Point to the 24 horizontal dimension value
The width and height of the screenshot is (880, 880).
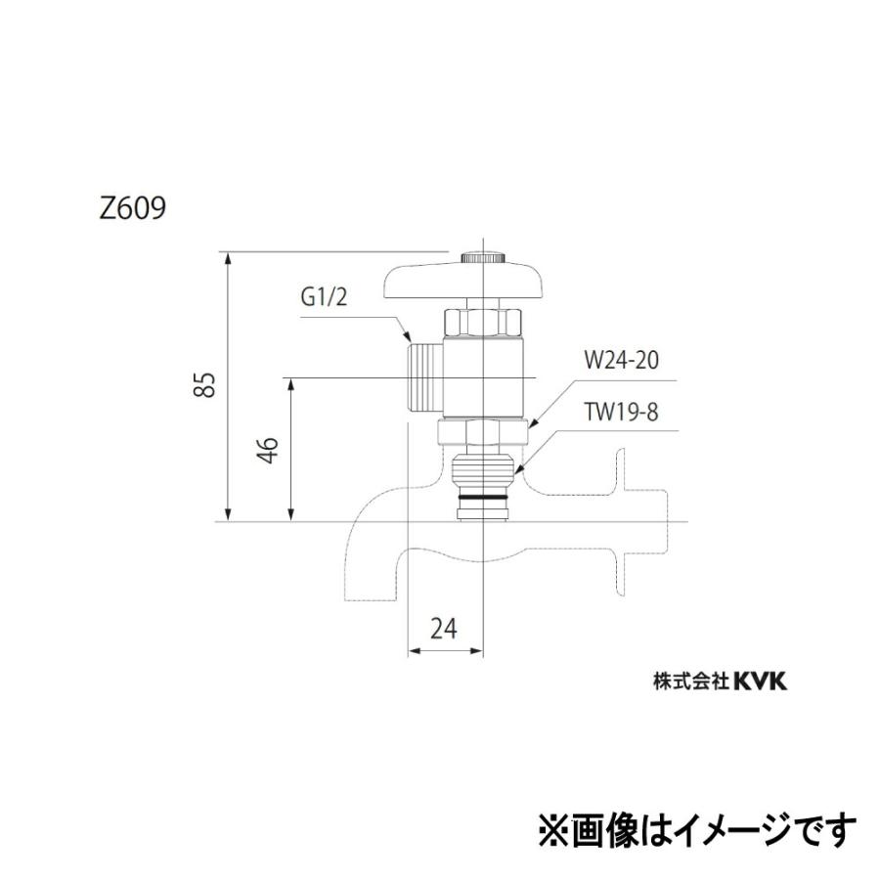click(444, 630)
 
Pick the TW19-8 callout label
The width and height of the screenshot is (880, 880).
click(622, 412)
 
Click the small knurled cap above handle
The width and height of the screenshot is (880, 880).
click(483, 256)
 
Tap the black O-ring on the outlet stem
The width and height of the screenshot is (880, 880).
click(484, 504)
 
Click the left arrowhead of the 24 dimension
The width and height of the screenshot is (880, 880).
click(412, 650)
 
